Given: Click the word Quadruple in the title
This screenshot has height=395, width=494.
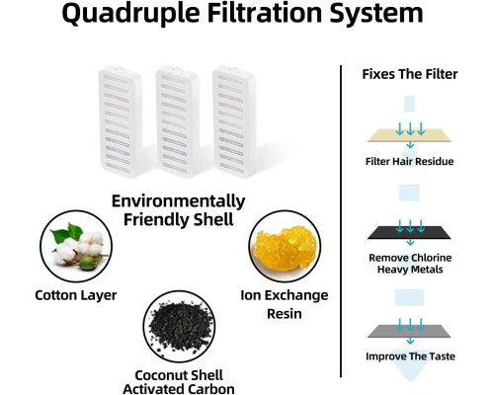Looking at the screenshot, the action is point(130,14).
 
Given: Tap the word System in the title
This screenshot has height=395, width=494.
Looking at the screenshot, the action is point(376,14).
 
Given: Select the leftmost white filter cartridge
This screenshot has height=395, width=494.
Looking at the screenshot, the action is point(121,121).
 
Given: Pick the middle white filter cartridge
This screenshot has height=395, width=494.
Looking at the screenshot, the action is point(177,121).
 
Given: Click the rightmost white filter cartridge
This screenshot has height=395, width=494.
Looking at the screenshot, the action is point(234,121).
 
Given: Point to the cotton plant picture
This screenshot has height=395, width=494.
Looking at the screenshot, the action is point(76,246).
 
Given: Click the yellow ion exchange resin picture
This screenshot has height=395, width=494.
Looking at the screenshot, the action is point(285,246).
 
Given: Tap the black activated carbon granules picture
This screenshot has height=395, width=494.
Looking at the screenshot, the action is point(179,327).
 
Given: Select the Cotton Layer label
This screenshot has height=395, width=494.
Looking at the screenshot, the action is point(76,295).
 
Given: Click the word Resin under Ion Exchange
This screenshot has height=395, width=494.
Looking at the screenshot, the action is point(285,314).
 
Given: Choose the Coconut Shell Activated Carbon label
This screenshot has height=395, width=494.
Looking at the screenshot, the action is point(179,382).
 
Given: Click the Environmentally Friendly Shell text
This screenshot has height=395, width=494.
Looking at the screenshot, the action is point(179,210).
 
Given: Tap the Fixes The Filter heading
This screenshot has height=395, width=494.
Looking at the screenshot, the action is point(410,74).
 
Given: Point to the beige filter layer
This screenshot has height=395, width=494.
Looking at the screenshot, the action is point(409,135).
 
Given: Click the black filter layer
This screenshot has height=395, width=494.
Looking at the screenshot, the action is point(409,232).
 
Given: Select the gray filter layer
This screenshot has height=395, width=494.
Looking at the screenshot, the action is point(409,331).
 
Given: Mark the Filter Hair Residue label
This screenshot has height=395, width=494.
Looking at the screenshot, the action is point(410,161).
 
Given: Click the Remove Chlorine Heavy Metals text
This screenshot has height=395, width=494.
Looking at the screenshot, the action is point(410,264).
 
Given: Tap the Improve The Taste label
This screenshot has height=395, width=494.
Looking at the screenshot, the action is point(410,356).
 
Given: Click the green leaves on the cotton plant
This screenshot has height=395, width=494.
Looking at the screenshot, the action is point(66,232).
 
